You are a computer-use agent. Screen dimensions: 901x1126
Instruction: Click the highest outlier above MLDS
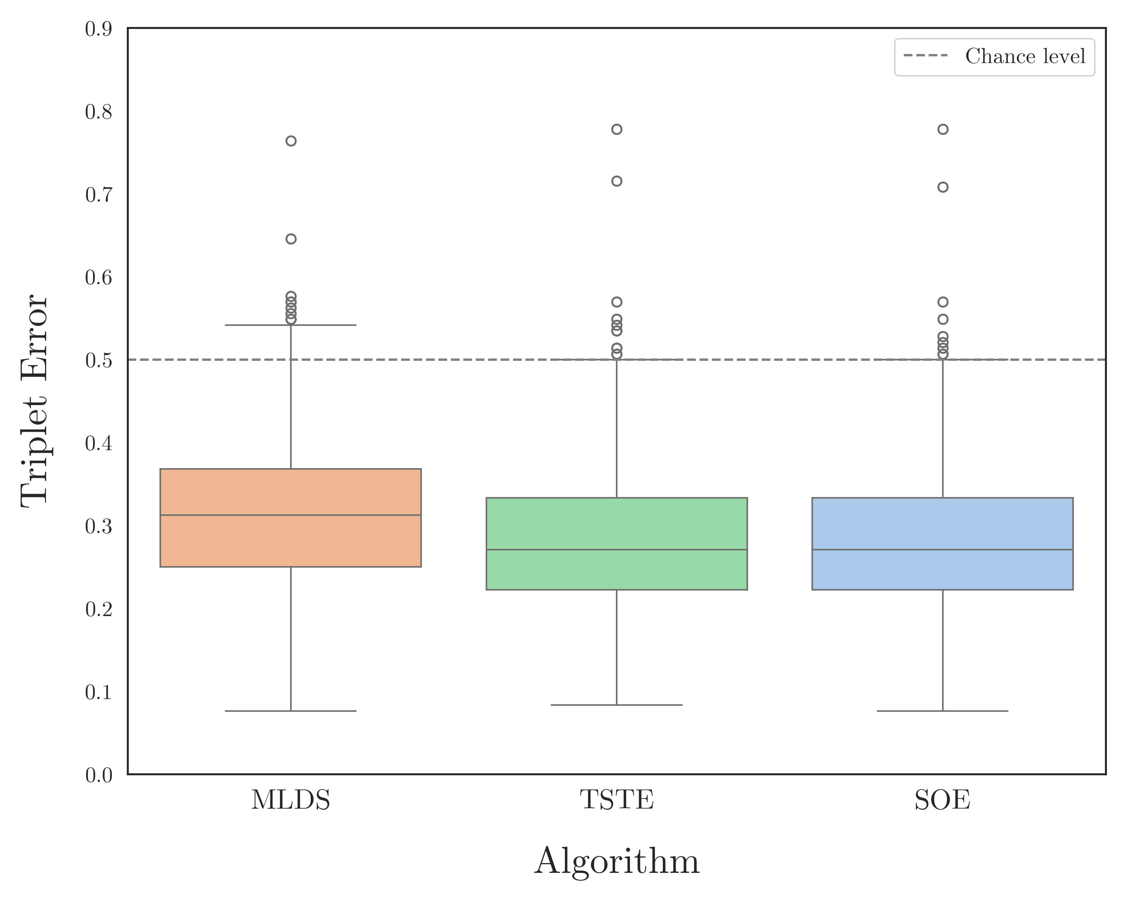pos(291,141)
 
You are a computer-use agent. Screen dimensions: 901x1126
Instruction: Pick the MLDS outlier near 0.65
pos(291,239)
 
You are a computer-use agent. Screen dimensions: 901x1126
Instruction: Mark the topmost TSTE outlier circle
pos(617,129)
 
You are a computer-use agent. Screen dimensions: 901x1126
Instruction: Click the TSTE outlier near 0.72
pos(617,181)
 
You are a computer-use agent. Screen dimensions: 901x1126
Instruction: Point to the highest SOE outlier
pos(943,129)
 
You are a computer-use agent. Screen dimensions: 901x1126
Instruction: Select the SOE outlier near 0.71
pos(943,187)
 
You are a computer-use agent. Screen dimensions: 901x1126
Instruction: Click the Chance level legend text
pos(1025,56)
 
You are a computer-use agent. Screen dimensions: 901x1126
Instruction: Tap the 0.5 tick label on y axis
pos(98,360)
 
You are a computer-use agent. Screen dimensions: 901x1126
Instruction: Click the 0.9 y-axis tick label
pos(98,29)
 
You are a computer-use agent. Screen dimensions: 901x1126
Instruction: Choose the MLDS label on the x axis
pos(291,800)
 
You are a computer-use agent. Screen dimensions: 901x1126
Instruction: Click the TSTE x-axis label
pos(617,800)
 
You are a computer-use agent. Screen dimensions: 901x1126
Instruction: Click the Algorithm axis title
pos(616,861)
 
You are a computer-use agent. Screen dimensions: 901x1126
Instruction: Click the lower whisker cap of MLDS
pos(291,711)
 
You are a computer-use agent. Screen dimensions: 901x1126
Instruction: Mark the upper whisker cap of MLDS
pos(291,325)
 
